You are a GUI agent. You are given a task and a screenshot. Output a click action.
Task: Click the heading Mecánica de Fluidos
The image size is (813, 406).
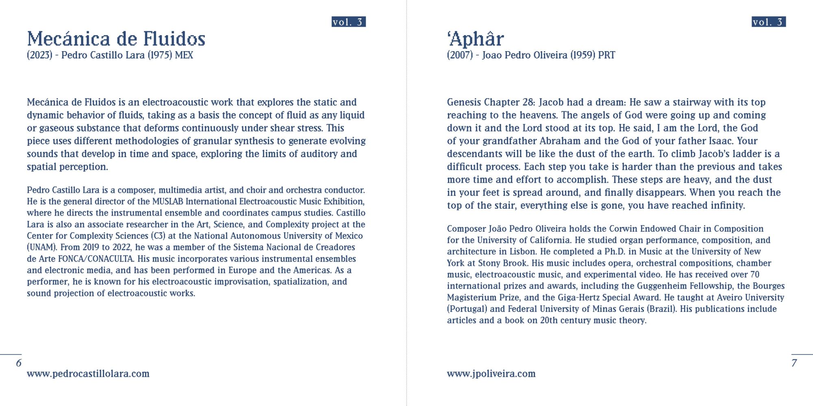pos(116,39)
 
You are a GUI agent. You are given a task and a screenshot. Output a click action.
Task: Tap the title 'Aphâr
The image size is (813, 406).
pos(475,39)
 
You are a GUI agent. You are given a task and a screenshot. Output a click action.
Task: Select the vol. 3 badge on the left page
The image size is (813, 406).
pos(348,22)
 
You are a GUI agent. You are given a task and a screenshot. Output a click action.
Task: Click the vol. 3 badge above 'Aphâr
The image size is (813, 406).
pos(768,22)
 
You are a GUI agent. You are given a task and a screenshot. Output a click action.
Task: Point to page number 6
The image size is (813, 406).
pos(19,363)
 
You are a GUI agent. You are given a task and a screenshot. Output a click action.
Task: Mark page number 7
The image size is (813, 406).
pos(794,363)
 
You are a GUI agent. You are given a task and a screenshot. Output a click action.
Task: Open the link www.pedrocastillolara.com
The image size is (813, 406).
pos(88,374)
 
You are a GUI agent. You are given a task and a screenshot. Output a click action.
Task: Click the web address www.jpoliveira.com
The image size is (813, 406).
pos(491,374)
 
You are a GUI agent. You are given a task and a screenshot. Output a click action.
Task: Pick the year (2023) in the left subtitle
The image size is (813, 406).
pos(39,55)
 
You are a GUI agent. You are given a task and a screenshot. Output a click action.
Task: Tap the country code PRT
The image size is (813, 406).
pos(606,55)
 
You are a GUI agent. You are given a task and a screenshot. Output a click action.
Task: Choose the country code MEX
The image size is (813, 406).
pos(184,55)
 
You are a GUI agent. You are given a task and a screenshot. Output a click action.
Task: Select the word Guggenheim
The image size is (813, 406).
pos(661,286)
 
